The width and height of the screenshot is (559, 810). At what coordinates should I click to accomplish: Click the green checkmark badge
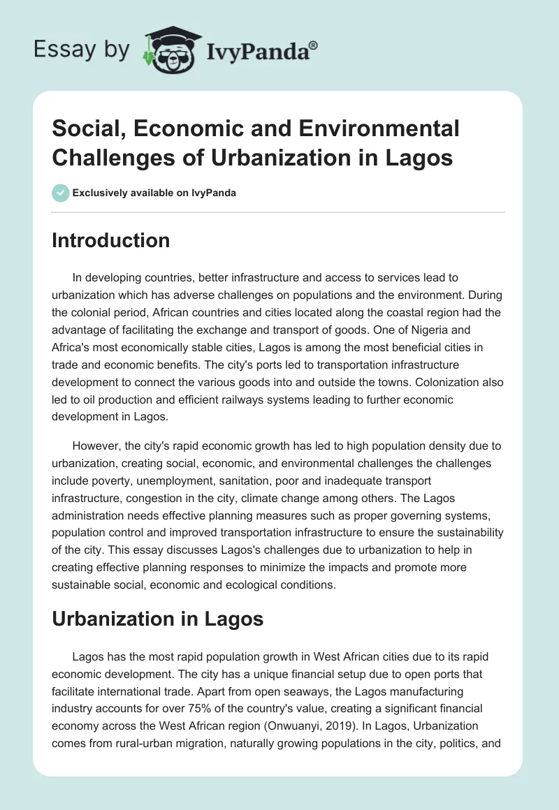(x=61, y=193)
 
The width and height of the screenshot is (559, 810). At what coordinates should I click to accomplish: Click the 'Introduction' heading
(x=111, y=240)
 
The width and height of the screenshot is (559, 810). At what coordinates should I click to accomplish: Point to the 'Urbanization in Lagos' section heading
(x=157, y=618)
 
